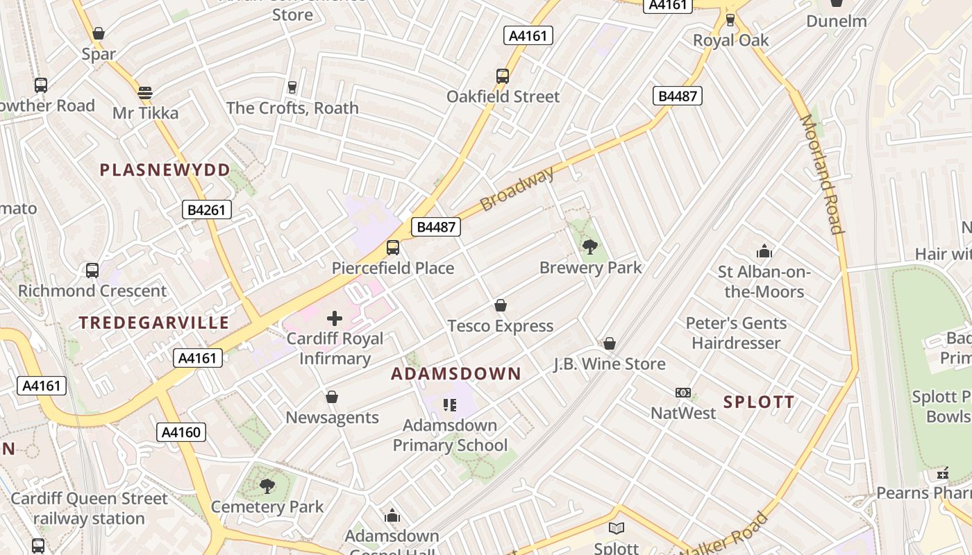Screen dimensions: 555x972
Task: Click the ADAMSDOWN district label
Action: pyautogui.click(x=455, y=374)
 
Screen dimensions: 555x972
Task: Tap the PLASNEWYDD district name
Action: pyautogui.click(x=165, y=170)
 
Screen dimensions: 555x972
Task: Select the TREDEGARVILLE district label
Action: pyautogui.click(x=153, y=323)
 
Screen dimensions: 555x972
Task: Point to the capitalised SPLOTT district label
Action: pyautogui.click(x=759, y=402)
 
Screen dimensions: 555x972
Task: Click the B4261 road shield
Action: pyautogui.click(x=207, y=210)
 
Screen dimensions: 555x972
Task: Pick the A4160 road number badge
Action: pyautogui.click(x=181, y=432)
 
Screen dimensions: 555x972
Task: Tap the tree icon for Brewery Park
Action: pyautogui.click(x=590, y=246)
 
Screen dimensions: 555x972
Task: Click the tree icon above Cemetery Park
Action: pyautogui.click(x=267, y=486)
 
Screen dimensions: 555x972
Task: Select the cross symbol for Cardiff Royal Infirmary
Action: pyautogui.click(x=335, y=318)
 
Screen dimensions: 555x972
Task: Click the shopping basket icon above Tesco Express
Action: pyautogui.click(x=500, y=305)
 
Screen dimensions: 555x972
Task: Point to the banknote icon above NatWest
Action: pyautogui.click(x=683, y=393)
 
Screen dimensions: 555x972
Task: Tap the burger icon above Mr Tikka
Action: pyautogui.click(x=145, y=92)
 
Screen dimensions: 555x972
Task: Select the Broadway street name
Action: pyautogui.click(x=517, y=189)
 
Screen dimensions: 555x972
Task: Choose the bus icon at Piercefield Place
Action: pyautogui.click(x=393, y=248)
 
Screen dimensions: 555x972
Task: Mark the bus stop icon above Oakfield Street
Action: pyautogui.click(x=503, y=76)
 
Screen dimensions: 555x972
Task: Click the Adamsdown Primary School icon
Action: pyautogui.click(x=450, y=404)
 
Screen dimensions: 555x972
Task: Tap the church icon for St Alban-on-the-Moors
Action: pyautogui.click(x=764, y=251)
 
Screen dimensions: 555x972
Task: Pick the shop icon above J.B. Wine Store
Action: pyautogui.click(x=610, y=343)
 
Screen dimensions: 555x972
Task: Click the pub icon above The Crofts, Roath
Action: pyautogui.click(x=292, y=87)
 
